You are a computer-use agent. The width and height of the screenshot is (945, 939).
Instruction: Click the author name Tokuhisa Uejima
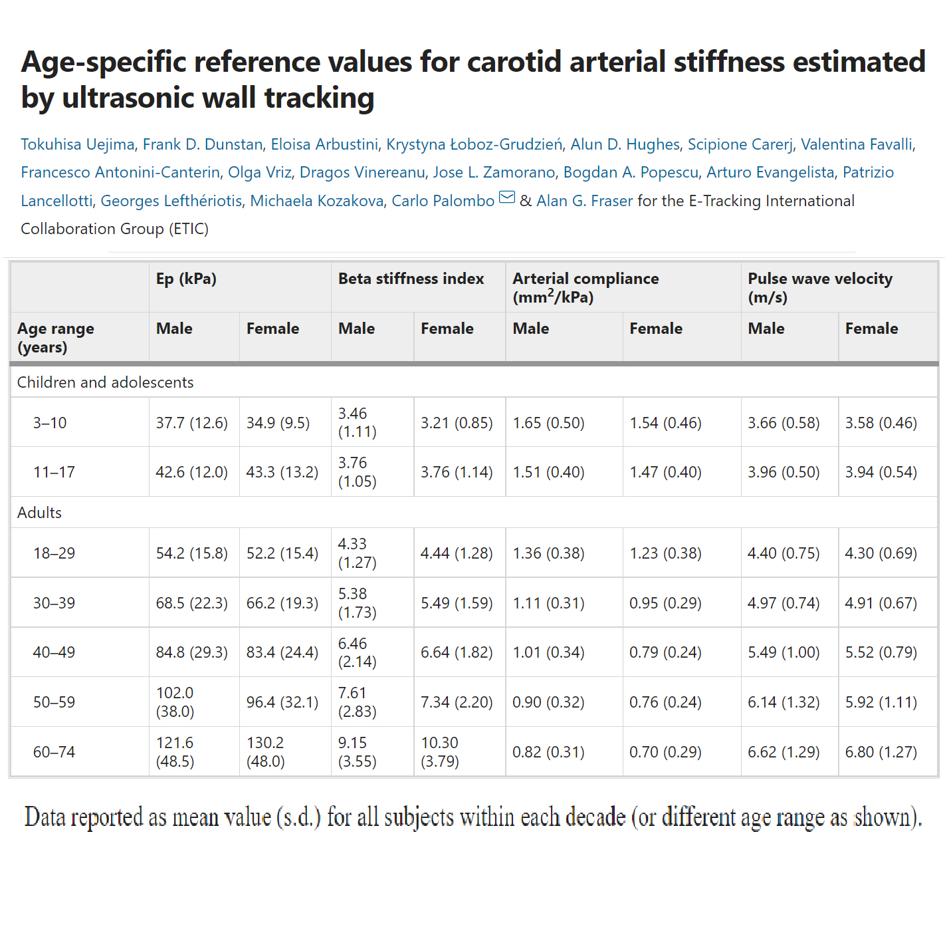click(x=78, y=144)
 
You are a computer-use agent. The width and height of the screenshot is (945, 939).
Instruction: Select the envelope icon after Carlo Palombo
click(x=507, y=198)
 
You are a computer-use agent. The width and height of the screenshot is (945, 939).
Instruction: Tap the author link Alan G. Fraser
click(x=584, y=201)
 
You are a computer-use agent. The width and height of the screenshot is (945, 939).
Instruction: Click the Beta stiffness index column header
click(x=411, y=279)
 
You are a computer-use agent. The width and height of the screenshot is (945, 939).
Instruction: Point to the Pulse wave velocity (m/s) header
click(x=819, y=287)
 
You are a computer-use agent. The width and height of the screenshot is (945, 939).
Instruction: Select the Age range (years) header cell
click(x=56, y=337)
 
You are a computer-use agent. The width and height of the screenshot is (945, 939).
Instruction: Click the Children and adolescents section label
click(x=105, y=382)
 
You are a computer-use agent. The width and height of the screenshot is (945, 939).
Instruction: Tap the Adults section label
click(x=39, y=513)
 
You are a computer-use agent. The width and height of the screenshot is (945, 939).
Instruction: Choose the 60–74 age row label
click(x=54, y=752)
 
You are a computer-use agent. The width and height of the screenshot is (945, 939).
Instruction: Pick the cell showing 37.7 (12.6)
click(x=191, y=423)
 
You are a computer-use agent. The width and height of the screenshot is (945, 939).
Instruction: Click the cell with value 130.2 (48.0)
click(x=265, y=752)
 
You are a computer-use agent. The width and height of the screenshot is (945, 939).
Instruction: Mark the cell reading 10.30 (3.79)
click(x=439, y=752)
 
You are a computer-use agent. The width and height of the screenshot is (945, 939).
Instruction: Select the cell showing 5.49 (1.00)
click(x=784, y=652)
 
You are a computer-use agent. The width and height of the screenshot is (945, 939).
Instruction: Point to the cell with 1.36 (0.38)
click(x=548, y=553)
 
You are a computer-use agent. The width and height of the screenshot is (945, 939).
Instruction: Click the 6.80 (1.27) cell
click(x=881, y=752)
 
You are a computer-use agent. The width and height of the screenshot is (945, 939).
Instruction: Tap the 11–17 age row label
click(x=54, y=472)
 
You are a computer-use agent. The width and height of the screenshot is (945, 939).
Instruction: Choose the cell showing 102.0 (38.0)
click(x=175, y=702)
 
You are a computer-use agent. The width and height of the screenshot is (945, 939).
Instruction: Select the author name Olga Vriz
click(x=260, y=172)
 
